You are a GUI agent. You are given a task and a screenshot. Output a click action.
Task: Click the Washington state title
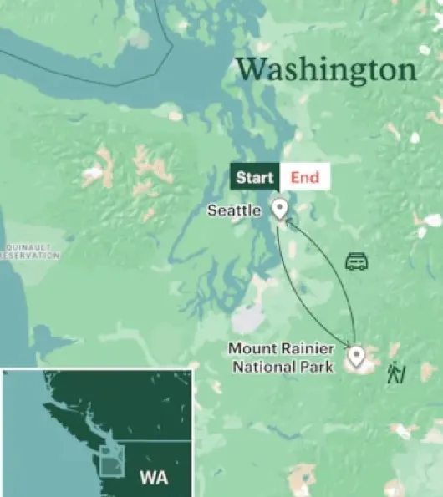[326, 69]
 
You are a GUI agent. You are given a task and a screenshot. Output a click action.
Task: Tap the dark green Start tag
[255, 177]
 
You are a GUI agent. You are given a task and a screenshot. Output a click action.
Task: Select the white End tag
[304, 177]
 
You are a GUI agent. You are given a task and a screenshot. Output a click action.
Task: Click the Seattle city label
[234, 211]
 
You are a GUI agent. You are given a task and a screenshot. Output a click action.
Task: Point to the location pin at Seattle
[280, 208]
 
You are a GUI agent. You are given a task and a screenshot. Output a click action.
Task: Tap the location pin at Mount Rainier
[357, 357]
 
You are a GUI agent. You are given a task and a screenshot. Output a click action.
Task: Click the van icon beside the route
[357, 261]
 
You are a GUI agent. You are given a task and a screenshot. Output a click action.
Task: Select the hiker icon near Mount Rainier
[395, 373]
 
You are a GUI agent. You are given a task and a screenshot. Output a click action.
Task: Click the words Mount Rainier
[282, 349]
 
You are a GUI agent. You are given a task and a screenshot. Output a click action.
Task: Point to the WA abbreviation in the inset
[153, 478]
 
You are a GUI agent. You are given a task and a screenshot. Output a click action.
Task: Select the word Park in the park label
[318, 366]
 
